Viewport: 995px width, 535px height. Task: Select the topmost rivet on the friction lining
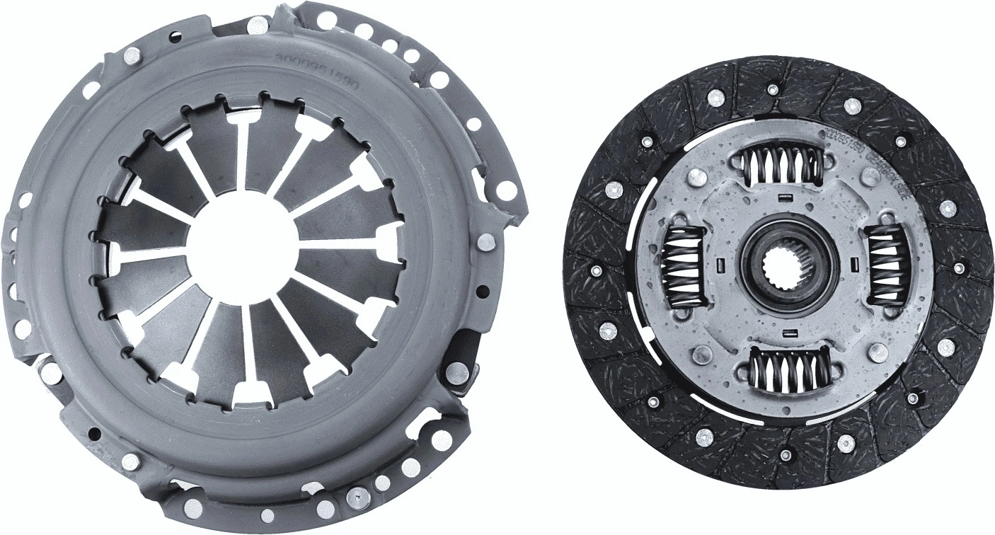click(773, 90)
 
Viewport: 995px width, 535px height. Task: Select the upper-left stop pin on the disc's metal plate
click(698, 178)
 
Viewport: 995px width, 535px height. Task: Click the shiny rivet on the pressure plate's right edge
click(485, 242)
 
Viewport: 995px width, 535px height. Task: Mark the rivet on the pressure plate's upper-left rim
click(132, 55)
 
